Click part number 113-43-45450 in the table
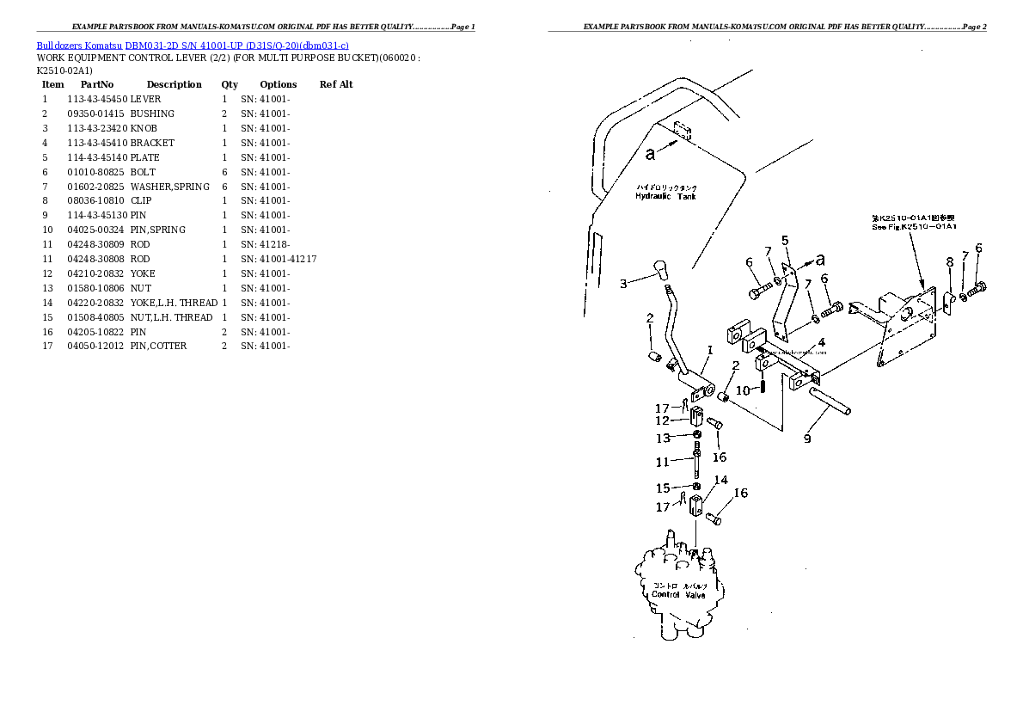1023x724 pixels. [96, 99]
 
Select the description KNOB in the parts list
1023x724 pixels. [144, 128]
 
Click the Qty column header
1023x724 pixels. [230, 84]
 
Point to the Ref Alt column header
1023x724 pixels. [336, 84]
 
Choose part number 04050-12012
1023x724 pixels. [96, 347]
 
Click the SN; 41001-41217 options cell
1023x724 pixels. [279, 259]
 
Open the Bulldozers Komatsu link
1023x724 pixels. [79, 45]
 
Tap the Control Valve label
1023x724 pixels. [678, 594]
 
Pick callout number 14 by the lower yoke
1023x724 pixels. [720, 480]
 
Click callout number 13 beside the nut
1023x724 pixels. [663, 438]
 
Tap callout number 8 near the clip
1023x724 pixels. [949, 261]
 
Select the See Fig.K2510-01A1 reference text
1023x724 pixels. [914, 226]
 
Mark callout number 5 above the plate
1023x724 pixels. [784, 240]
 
